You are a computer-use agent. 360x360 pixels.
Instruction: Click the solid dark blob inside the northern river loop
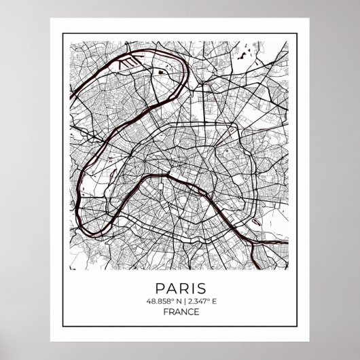160,69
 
